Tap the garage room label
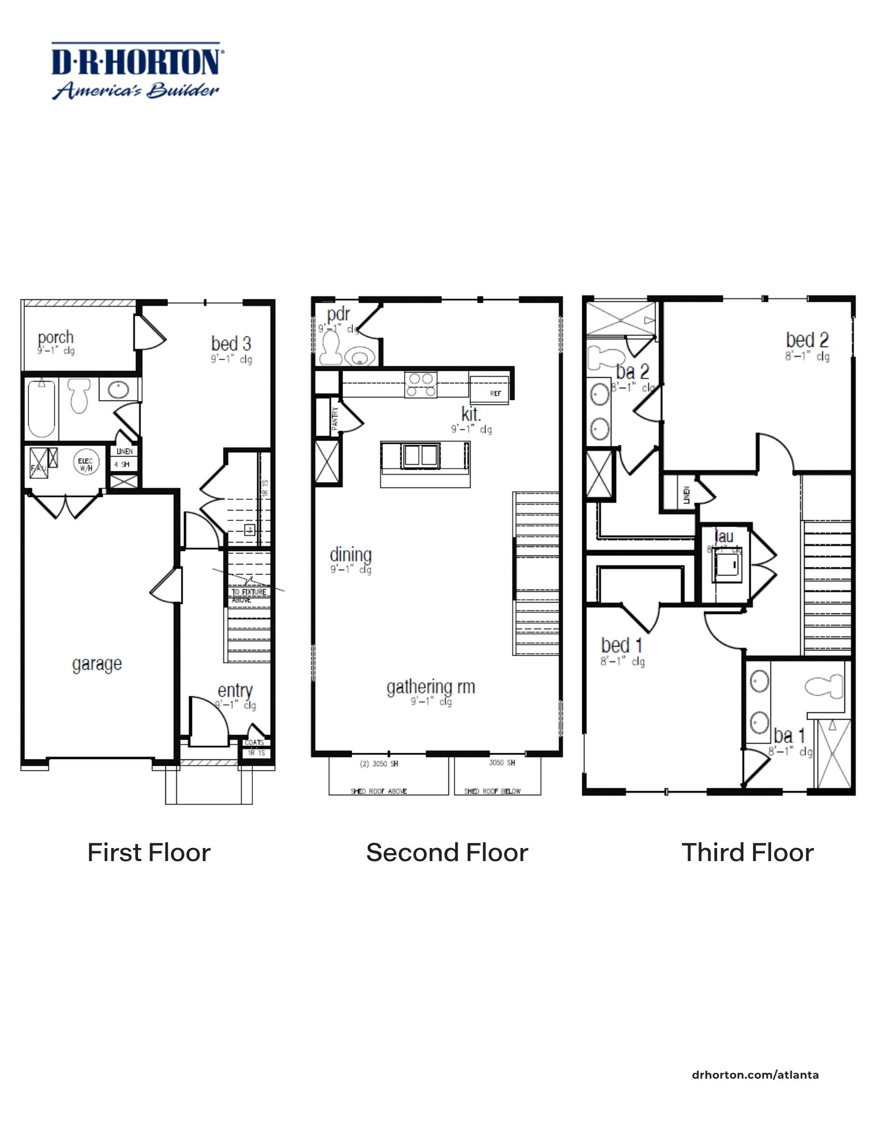coord(97,663)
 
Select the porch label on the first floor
coord(56,337)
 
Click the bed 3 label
coord(231,344)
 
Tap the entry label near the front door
coord(235,691)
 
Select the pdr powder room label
coord(338,314)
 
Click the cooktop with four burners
coord(421,385)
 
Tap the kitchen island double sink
coord(421,456)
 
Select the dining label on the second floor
coord(351,554)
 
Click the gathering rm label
coord(430,687)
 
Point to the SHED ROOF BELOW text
coord(492,791)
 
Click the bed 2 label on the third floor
coord(807,340)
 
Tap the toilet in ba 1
coord(825,687)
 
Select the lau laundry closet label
coord(723,536)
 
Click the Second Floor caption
coord(447,853)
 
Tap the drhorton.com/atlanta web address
coord(755,1075)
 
